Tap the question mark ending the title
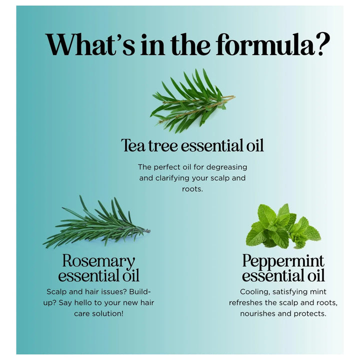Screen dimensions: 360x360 323,44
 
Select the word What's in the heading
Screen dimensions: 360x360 90,44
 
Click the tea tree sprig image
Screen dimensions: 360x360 192,101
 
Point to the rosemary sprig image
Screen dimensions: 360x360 96,222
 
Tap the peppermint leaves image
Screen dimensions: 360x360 283,226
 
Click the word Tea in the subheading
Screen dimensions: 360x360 133,145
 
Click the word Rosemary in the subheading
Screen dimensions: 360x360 98,261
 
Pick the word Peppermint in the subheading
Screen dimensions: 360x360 283,261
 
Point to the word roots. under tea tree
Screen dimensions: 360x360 192,189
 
